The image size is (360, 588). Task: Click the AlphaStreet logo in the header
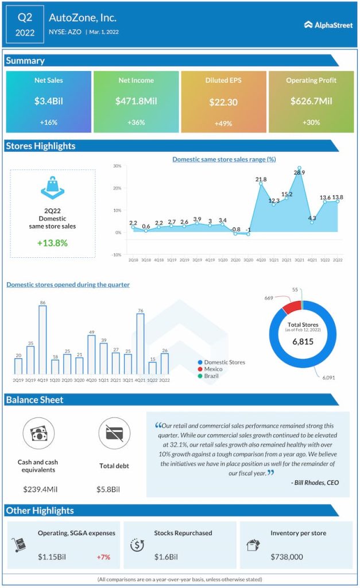click(x=328, y=25)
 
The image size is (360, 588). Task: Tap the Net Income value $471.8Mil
click(x=136, y=101)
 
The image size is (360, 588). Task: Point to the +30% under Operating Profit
click(x=311, y=122)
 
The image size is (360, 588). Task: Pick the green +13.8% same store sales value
click(x=53, y=243)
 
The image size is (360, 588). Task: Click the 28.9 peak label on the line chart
click(x=299, y=172)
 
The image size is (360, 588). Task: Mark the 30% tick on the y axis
click(x=117, y=166)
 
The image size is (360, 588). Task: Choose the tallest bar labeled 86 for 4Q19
click(x=42, y=341)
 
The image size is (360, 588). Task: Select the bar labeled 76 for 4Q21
click(x=140, y=345)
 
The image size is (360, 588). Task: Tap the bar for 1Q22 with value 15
click(x=152, y=368)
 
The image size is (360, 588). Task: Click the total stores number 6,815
click(x=302, y=341)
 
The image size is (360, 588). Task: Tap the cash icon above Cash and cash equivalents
click(x=39, y=434)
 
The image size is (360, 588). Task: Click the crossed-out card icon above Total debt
click(x=114, y=434)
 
